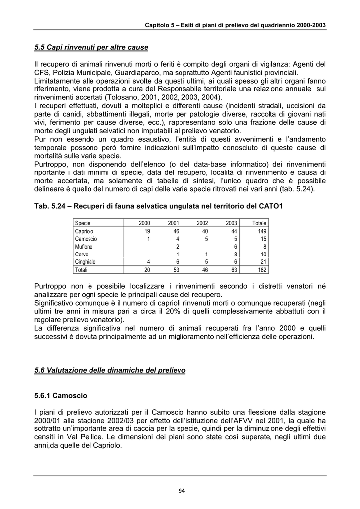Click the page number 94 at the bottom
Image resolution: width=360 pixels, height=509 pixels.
click(181, 491)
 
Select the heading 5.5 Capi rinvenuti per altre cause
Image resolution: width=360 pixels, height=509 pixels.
click(91, 48)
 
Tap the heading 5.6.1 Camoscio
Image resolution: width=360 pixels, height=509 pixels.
click(61, 396)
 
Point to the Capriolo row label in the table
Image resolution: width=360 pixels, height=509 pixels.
click(84, 231)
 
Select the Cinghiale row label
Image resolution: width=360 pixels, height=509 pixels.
click(85, 261)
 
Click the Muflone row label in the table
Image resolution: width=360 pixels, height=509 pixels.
click(84, 247)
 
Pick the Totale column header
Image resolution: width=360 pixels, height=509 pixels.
click(259, 223)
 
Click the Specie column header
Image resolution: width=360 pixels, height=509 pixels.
click(83, 223)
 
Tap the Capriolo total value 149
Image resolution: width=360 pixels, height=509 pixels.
click(262, 231)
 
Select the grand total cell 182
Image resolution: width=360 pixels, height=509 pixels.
click(262, 269)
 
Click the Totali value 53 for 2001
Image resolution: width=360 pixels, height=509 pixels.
click(176, 269)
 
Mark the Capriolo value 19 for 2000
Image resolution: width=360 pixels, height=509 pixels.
click(147, 231)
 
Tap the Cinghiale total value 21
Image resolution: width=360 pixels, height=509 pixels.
click(263, 261)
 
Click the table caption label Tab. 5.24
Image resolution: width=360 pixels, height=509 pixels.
click(51, 206)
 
